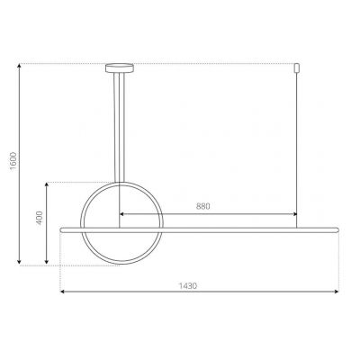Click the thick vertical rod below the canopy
(117, 126)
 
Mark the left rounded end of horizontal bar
(61, 229)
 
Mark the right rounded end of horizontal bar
(338, 229)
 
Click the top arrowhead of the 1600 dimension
(20, 65)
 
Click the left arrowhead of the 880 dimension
(121, 214)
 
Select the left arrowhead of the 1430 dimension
(61, 292)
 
